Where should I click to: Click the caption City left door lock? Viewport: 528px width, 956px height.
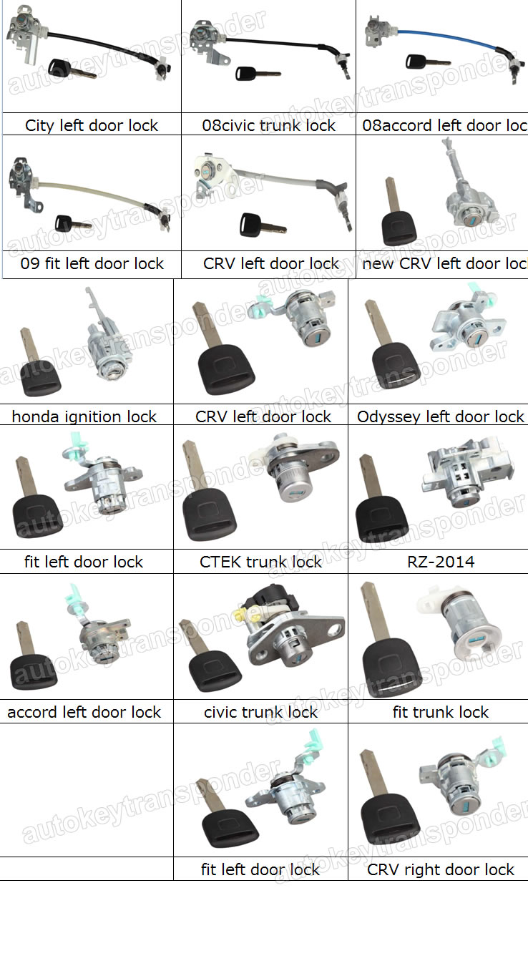coord(92,125)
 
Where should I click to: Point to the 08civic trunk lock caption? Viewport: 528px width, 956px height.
coord(268,125)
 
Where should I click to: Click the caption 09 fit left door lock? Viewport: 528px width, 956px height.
coord(92,263)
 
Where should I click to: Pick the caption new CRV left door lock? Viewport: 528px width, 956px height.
coord(444,263)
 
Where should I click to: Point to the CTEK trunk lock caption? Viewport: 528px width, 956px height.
coord(261,562)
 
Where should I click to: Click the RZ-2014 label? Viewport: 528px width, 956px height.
coord(440,562)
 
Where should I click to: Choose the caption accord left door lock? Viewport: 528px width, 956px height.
coord(84,712)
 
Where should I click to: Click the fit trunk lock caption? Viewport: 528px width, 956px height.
coord(441,712)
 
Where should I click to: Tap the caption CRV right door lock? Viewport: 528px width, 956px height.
coord(441,869)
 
